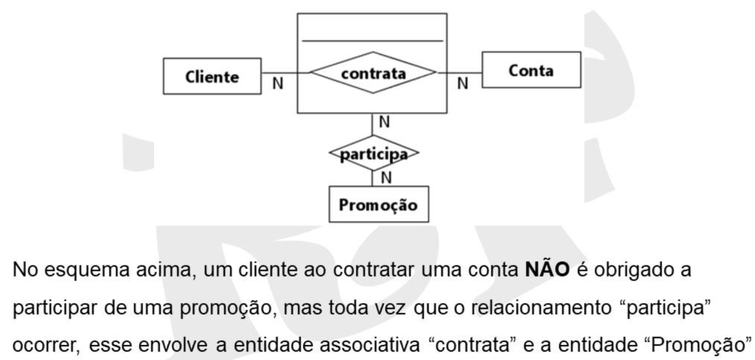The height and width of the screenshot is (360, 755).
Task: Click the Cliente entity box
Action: click(x=212, y=76)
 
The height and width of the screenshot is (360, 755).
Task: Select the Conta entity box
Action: click(x=531, y=70)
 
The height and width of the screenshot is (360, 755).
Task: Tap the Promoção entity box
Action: click(x=378, y=204)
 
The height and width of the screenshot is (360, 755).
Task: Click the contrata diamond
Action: click(x=373, y=72)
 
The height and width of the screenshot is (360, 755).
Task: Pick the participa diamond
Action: click(x=374, y=153)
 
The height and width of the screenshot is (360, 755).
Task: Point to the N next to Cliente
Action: click(x=278, y=84)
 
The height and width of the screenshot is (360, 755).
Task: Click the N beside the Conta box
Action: click(x=462, y=84)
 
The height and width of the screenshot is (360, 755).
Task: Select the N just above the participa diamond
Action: click(x=384, y=123)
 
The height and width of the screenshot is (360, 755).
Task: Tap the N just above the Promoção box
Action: click(x=386, y=178)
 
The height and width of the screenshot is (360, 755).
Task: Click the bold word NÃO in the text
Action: click(x=546, y=270)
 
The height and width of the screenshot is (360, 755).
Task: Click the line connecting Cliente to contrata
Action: click(x=286, y=73)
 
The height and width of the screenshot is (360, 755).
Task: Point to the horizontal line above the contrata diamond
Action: click(x=372, y=41)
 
